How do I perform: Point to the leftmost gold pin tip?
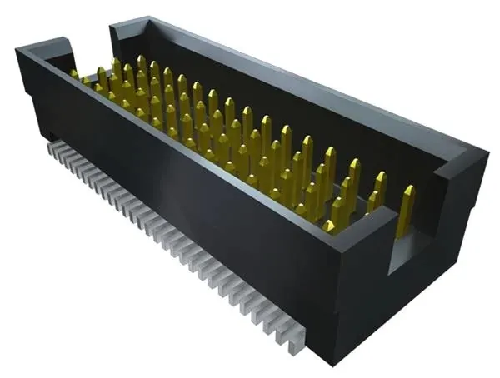coord(74,73)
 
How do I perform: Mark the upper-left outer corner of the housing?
coord(18,52)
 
